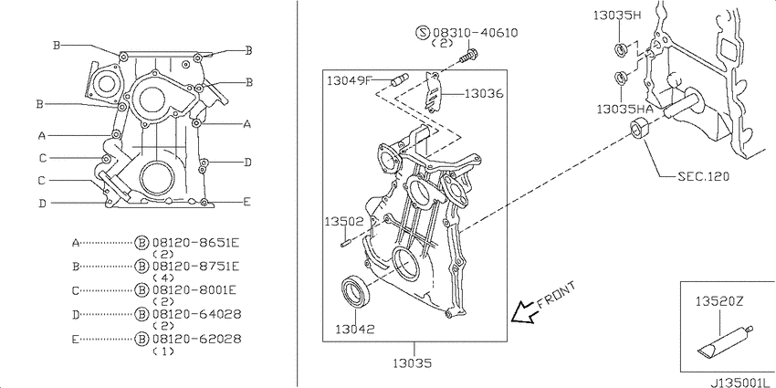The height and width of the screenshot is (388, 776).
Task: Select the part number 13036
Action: point(484,93)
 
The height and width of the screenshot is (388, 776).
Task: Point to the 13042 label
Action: point(355,328)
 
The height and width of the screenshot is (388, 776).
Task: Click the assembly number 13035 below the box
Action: point(413,362)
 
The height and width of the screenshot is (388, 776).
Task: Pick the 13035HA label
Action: point(624,110)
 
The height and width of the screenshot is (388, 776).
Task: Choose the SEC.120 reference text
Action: point(703,175)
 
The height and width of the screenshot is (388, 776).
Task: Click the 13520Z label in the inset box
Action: point(719,300)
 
